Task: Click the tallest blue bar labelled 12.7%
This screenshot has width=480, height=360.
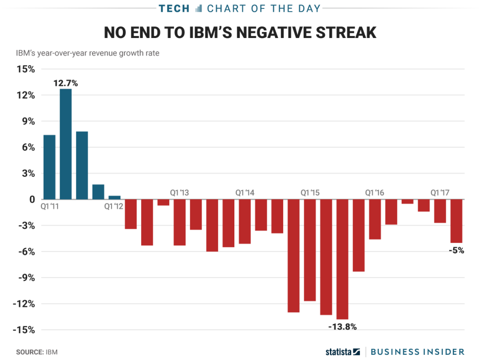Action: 66,144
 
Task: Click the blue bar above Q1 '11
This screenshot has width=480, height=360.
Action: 49,167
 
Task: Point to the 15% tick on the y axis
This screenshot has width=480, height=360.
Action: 26,69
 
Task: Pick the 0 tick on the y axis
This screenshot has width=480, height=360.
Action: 32,200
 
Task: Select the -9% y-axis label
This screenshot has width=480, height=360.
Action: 27,277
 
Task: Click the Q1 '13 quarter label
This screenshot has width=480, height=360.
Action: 180,193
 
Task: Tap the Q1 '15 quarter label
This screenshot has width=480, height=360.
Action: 310,193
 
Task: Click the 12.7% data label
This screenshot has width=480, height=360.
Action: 66,83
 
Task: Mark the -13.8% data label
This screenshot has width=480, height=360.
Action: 343,327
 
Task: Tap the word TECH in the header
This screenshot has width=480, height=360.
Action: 174,8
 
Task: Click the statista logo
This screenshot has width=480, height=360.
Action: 343,352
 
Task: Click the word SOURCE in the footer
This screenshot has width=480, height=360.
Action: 30,352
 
